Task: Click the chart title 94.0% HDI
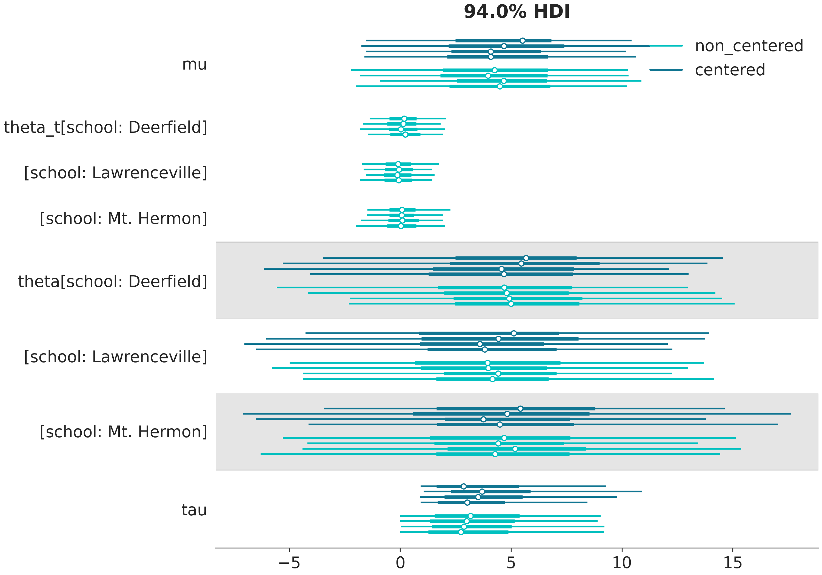tap(516, 12)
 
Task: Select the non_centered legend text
tap(749, 46)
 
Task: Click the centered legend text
tap(730, 70)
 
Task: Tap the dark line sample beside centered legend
tap(666, 70)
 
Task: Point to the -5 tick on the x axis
tap(289, 563)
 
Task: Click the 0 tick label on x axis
tap(400, 563)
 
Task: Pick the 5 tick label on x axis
tap(511, 563)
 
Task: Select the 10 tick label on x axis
tap(622, 563)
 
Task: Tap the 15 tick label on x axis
tap(732, 563)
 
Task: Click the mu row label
tap(194, 64)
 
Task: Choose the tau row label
tap(194, 510)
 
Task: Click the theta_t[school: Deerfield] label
tap(105, 127)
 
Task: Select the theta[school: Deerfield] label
tap(113, 281)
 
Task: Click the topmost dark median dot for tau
tap(464, 486)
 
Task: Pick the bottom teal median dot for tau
tap(461, 532)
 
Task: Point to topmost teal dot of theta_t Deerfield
tap(404, 119)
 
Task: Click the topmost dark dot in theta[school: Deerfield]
tap(526, 258)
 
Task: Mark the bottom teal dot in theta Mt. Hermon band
tap(495, 454)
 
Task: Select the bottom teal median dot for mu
tap(500, 86)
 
